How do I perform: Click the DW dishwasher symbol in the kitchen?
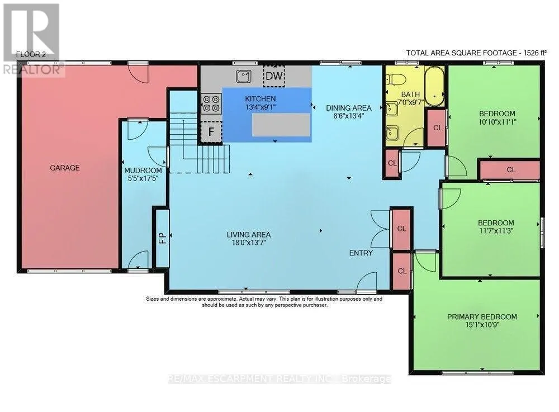tap(274, 76)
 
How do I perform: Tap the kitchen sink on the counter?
tap(244, 76)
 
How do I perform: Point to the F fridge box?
tap(211, 131)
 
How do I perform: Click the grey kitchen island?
tap(281, 125)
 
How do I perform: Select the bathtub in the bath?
tap(434, 86)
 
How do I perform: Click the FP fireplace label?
tap(162, 238)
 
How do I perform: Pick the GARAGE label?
tap(64, 168)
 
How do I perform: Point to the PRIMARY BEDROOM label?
tap(482, 317)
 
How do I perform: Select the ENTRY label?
tap(361, 253)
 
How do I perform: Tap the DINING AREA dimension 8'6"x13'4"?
tap(349, 116)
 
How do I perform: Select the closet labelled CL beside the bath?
tap(437, 128)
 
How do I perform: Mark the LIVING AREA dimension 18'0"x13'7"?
tap(249, 243)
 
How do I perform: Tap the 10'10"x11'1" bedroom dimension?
tap(498, 121)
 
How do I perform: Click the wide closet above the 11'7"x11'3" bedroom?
tap(510, 170)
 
